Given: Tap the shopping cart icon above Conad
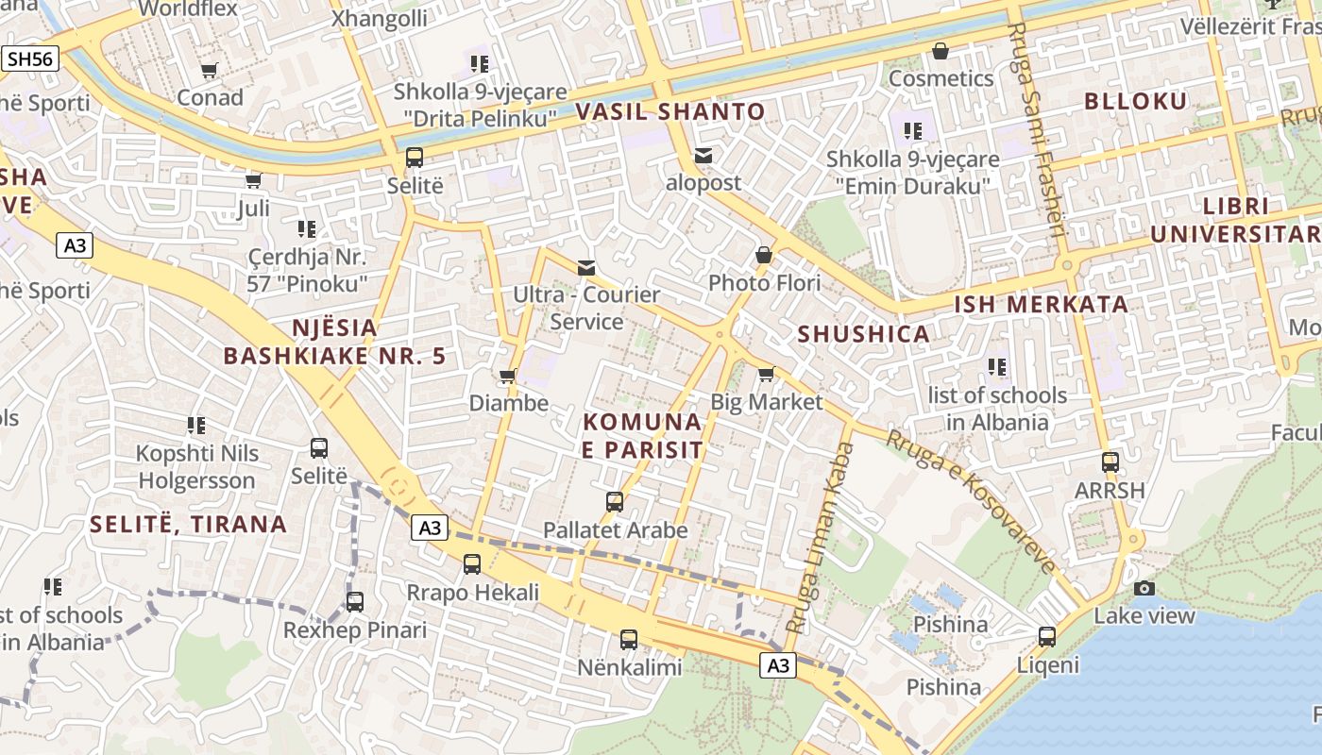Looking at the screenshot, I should (210, 70).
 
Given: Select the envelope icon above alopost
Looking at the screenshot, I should (703, 156).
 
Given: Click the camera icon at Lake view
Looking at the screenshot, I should (1144, 588).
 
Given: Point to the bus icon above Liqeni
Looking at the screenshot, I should (1047, 637).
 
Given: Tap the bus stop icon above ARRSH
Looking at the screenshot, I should (1110, 462).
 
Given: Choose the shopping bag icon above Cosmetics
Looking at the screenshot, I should (941, 51).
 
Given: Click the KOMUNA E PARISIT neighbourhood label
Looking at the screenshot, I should (642, 436).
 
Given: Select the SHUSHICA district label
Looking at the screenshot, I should (864, 334).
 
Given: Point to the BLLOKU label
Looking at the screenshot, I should (1135, 102).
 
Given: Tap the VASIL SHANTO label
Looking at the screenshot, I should (670, 111).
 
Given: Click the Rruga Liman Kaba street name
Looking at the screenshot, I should (820, 538).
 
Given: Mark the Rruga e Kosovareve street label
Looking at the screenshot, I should (973, 500).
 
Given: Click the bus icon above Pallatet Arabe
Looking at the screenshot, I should (615, 501).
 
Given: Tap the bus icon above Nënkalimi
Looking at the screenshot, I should (629, 639).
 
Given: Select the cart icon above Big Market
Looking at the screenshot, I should (766, 374).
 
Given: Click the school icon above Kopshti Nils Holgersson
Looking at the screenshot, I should (196, 425).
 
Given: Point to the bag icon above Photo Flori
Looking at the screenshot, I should (764, 255).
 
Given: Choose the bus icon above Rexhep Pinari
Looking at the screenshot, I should (355, 601).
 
